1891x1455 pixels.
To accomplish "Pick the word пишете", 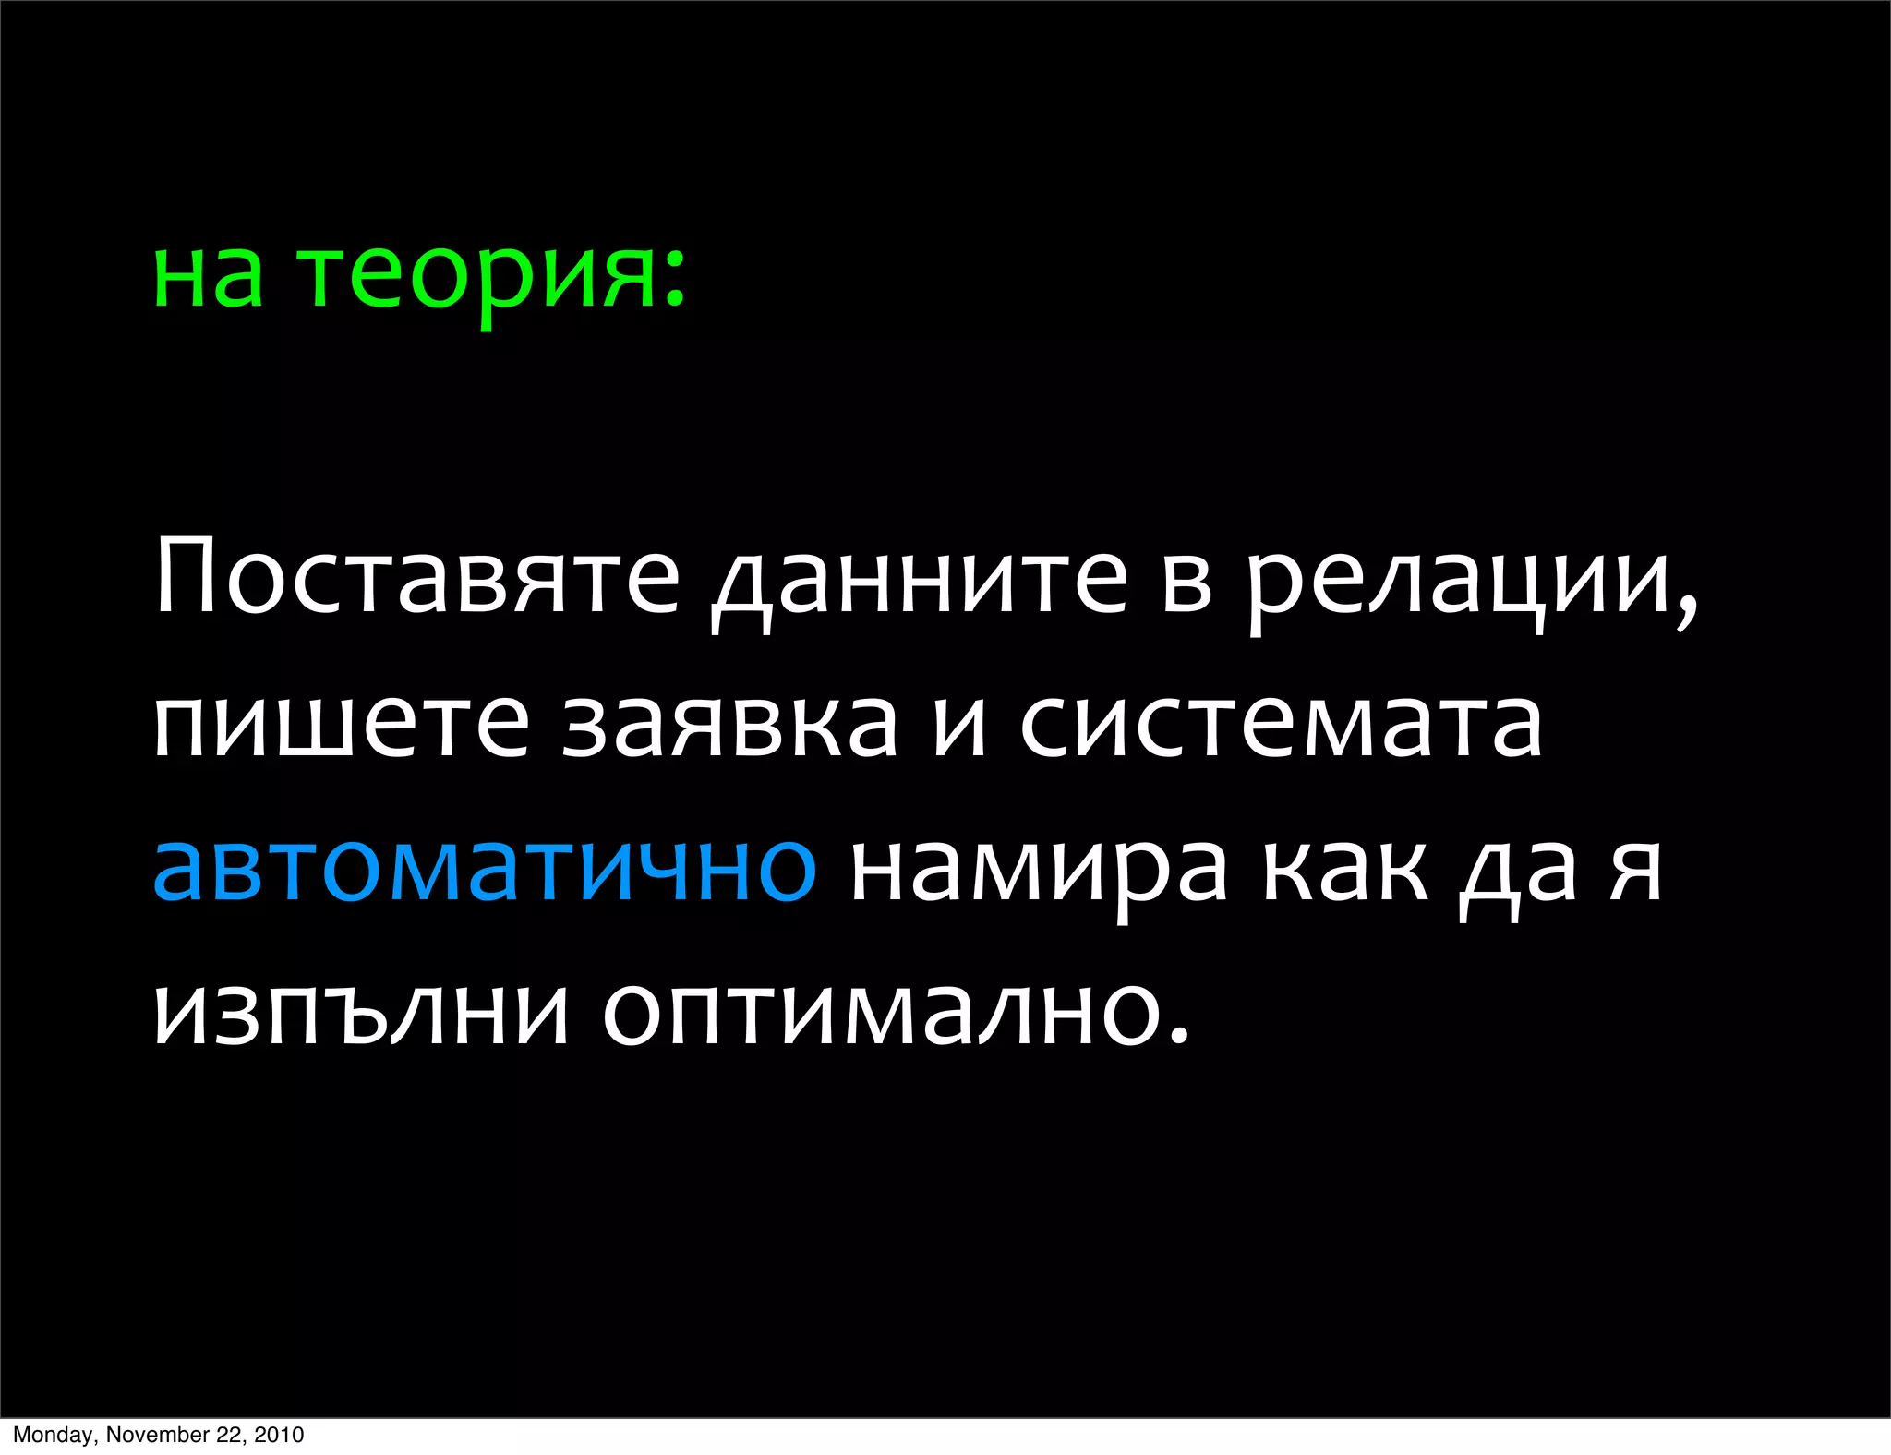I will point(341,725).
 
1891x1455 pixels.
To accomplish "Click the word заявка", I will point(729,725).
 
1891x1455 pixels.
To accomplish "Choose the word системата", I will point(1281,725).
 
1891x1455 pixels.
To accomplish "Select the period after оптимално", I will point(1176,1037).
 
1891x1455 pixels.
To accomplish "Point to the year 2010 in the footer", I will point(279,1435).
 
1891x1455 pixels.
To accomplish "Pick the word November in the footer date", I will point(158,1435).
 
